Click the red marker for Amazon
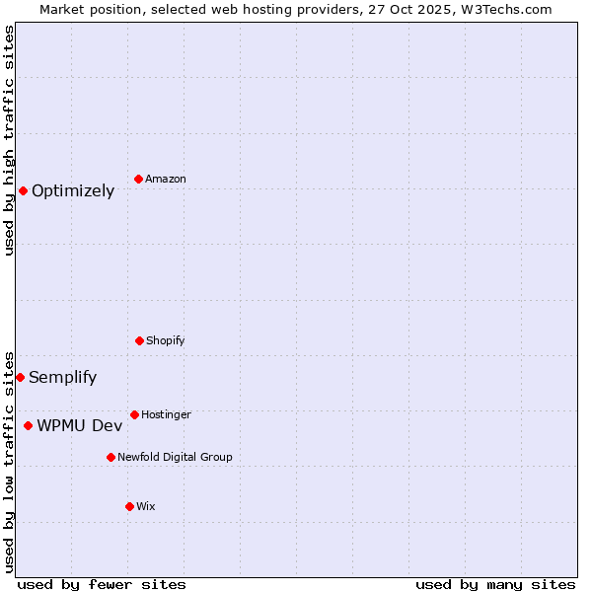[139, 179]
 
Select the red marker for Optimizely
[23, 190]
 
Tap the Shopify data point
[139, 340]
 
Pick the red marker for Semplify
[20, 377]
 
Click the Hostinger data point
[134, 414]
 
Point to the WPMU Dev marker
[28, 425]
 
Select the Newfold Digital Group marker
[111, 457]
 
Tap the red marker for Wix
[129, 506]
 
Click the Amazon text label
[166, 179]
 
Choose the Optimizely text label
[73, 191]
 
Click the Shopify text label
[166, 340]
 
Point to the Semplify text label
[63, 378]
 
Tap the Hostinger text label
[166, 414]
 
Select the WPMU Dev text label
[80, 426]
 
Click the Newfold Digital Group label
[175, 457]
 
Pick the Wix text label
[146, 506]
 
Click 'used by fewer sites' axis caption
[102, 584]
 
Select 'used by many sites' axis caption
[495, 584]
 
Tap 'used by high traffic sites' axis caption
[9, 140]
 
